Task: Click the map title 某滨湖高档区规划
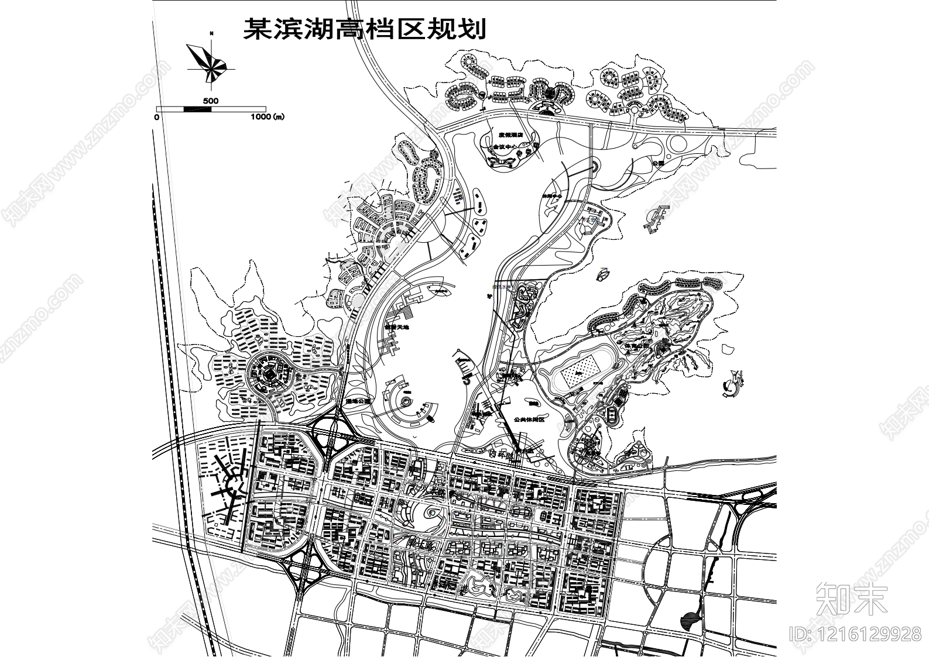pyautogui.click(x=364, y=27)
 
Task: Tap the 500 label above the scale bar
pyautogui.click(x=211, y=101)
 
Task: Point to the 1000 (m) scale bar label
pyautogui.click(x=267, y=116)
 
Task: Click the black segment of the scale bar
pyautogui.click(x=197, y=109)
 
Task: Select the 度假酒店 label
pyautogui.click(x=508, y=135)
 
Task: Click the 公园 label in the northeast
pyautogui.click(x=658, y=163)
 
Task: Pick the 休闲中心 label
pyautogui.click(x=551, y=197)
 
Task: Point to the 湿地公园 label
pyautogui.click(x=358, y=401)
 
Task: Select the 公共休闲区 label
pyautogui.click(x=529, y=419)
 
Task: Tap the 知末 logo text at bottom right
pyautogui.click(x=851, y=598)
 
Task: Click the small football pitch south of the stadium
pyautogui.click(x=612, y=414)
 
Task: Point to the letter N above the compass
pyautogui.click(x=211, y=34)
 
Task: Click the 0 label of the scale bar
pyautogui.click(x=156, y=117)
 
